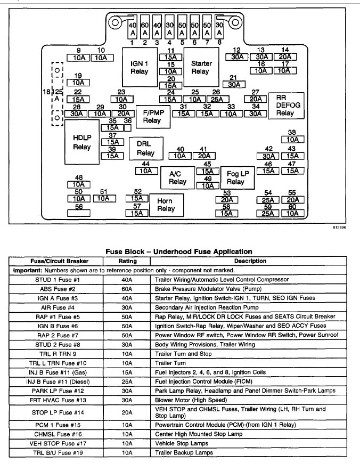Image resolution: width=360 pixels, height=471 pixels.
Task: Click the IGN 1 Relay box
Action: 140,67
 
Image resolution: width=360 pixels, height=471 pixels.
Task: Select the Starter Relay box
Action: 200,67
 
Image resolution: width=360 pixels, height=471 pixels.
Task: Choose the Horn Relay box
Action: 166,205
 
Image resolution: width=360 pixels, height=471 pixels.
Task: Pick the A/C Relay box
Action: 178,177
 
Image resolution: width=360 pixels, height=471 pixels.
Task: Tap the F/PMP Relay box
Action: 152,116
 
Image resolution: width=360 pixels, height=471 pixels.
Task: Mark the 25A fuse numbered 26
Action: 216,99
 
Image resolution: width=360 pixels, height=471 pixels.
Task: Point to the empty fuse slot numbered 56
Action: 79,213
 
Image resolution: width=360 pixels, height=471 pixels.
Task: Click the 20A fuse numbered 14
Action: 285,57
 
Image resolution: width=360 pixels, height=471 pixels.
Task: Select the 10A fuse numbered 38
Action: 292,140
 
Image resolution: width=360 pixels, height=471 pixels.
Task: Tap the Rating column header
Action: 128,261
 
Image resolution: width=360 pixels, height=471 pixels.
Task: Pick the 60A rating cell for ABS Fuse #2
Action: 128,288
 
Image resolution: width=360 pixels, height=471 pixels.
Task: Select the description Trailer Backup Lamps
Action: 184,453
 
